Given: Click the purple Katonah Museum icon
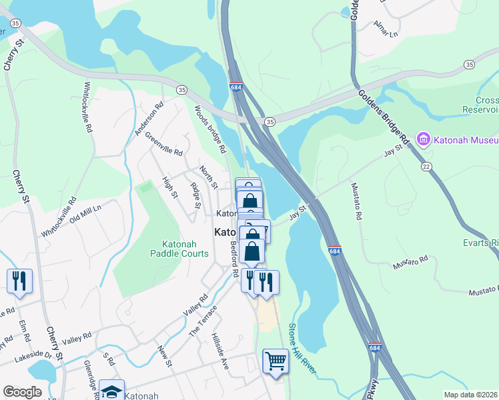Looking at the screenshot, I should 422,140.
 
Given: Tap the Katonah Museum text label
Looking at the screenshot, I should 465,140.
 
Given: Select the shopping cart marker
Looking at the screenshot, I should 275,361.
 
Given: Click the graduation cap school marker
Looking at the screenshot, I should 112,391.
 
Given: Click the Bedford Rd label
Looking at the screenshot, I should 235,260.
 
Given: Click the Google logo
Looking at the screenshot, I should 22,392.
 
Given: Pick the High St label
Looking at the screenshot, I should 169,188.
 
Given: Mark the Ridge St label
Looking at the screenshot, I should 195,195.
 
